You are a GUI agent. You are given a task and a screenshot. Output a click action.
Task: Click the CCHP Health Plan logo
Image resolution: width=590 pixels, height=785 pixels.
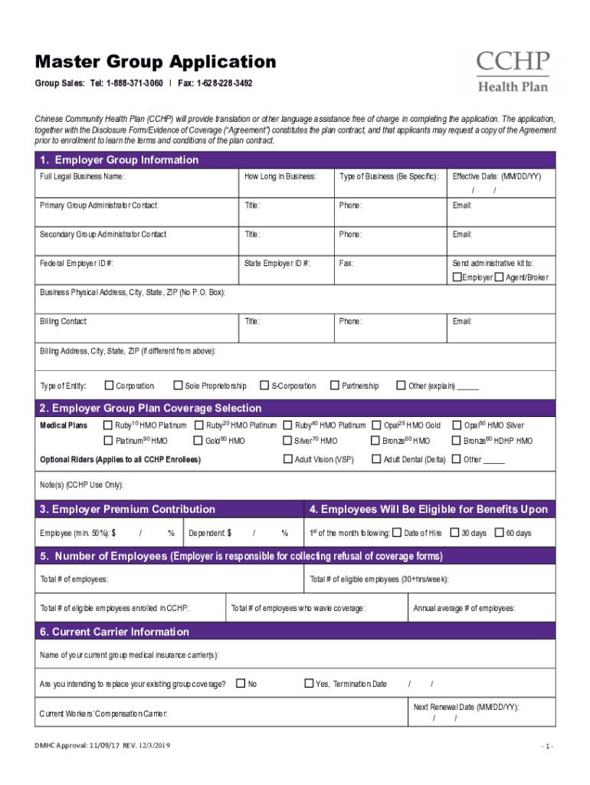[x=513, y=71]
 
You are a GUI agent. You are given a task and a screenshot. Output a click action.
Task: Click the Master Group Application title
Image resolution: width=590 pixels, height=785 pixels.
[x=151, y=62]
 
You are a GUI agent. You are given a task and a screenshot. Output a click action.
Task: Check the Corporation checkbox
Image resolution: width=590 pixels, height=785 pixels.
[x=109, y=385]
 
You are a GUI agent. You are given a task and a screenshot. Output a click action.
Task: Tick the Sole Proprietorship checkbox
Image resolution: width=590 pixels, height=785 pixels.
[x=178, y=385]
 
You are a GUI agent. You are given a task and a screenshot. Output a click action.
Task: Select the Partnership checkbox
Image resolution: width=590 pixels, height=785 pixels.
[x=334, y=385]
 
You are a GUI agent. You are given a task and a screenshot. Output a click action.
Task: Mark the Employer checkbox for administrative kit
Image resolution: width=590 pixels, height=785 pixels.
[x=457, y=277]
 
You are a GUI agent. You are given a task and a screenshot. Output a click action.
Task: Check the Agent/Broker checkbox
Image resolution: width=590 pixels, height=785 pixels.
[x=500, y=277]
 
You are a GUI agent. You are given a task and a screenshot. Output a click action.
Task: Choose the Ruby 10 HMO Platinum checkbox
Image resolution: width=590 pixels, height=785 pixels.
[x=108, y=425]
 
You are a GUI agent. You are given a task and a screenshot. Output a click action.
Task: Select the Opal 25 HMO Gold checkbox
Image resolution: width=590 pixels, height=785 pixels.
[x=376, y=425]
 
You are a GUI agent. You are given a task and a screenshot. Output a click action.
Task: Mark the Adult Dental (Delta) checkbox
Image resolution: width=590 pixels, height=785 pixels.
[x=376, y=458]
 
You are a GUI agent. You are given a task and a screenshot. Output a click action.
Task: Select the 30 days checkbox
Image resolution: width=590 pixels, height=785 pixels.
[x=454, y=532]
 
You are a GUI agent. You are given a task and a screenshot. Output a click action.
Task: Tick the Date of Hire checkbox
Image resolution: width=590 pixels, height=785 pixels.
[x=396, y=532]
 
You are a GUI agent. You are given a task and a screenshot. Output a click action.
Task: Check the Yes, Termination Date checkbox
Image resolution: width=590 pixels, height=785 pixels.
[x=309, y=683]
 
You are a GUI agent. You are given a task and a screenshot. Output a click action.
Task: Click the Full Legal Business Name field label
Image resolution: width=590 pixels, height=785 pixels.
[x=82, y=176]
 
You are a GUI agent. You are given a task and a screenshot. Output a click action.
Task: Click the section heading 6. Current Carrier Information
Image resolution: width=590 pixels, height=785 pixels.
[x=114, y=632]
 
